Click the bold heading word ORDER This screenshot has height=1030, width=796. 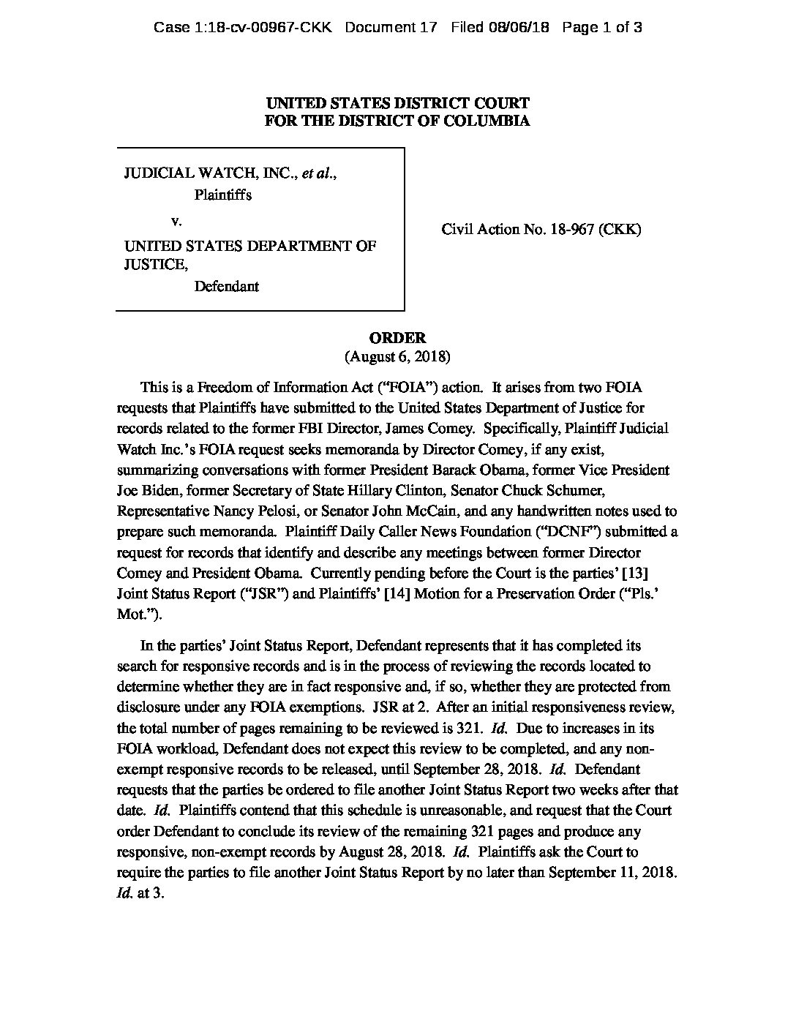397,338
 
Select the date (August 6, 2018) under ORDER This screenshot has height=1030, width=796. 397,357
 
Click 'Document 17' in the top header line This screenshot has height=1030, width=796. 391,28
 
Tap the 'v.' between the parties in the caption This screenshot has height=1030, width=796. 176,220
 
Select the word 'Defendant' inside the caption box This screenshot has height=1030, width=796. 226,286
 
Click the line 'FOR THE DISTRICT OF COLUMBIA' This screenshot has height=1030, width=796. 397,121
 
